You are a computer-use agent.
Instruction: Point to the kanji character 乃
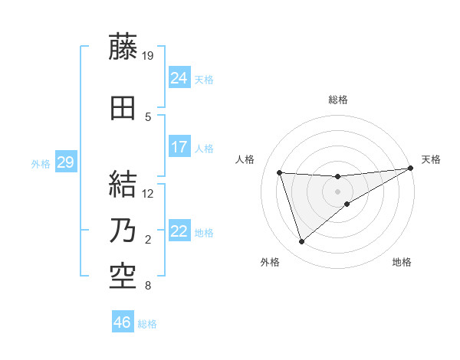tap(123, 231)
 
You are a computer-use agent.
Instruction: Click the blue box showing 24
tap(179, 77)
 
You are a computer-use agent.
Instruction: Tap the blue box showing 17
tap(179, 146)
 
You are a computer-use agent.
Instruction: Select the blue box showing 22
tap(179, 231)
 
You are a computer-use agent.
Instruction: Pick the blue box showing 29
tap(65, 162)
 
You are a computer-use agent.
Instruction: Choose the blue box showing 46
tap(123, 322)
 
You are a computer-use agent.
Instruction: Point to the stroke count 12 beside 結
tap(149, 194)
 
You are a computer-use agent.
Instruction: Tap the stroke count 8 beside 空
tap(147, 286)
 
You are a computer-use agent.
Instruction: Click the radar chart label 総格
tap(337, 100)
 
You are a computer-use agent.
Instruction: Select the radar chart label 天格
tap(431, 159)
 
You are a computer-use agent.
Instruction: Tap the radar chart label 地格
tap(402, 263)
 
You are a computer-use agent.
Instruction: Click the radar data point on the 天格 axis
tap(411, 169)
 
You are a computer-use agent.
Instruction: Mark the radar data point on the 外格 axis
tap(301, 242)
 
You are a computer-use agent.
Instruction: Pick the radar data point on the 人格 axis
tap(280, 173)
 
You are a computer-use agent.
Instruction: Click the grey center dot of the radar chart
tap(337, 191)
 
